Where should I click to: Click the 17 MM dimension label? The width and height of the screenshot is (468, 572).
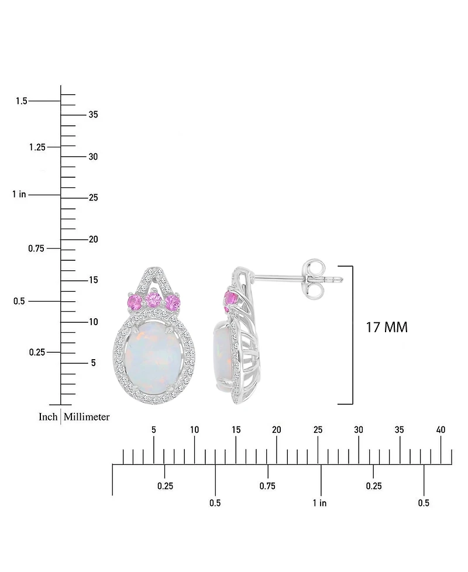tap(387, 328)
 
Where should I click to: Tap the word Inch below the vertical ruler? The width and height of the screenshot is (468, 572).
tap(47, 416)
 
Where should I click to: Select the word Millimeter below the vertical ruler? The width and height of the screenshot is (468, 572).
tap(87, 416)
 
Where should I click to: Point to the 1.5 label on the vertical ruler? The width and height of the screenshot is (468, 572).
tap(21, 101)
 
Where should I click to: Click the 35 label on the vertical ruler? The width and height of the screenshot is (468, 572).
tap(93, 115)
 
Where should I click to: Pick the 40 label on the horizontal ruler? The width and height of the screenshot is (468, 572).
tap(441, 430)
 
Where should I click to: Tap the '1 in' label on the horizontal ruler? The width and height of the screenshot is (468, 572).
tap(319, 503)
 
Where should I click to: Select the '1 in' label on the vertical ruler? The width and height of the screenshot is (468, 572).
tap(19, 194)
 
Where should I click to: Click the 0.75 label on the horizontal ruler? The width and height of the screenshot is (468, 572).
tap(267, 486)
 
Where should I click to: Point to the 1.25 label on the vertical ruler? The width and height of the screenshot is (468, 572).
tap(37, 147)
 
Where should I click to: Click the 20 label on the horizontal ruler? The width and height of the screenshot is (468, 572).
tap(276, 430)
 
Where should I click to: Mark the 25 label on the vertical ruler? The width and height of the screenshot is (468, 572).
tap(93, 198)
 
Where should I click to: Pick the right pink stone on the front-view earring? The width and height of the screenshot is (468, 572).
tap(173, 302)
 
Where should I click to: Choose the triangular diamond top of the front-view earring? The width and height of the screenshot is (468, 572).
tap(155, 278)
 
